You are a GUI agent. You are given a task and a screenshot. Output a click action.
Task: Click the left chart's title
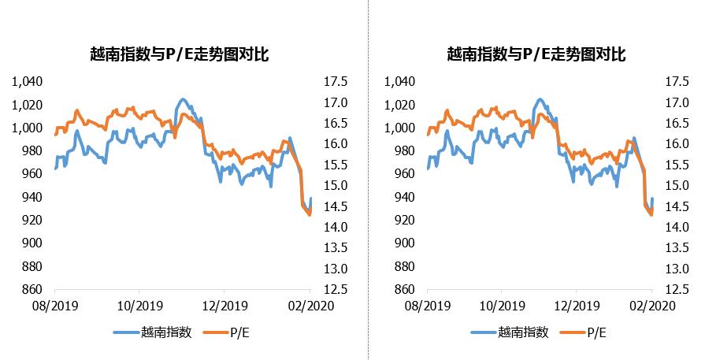(180, 54)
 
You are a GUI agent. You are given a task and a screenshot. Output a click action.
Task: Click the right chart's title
(536, 54)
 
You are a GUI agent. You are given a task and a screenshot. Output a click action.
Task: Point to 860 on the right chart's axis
(402, 289)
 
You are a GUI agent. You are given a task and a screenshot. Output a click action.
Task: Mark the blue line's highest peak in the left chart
(183, 99)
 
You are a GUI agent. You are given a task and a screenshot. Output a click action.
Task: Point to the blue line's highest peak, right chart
(540, 99)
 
